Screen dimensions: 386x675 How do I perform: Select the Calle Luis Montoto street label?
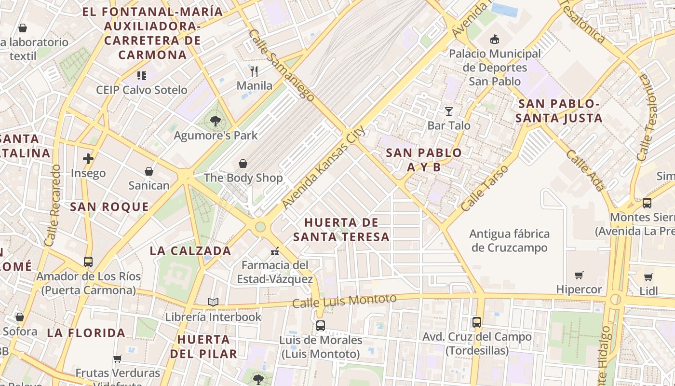(x=344, y=301)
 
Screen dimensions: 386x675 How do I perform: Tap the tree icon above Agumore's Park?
(x=216, y=121)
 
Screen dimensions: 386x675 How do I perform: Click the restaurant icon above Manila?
(x=254, y=71)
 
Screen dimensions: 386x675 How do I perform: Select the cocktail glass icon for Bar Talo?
(x=449, y=111)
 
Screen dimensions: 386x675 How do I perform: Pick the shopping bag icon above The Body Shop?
(x=243, y=164)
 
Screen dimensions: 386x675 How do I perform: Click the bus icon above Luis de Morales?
(x=321, y=326)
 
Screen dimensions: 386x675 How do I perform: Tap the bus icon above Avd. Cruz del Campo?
(x=477, y=322)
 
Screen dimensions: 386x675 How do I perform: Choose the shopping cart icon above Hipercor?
(x=579, y=275)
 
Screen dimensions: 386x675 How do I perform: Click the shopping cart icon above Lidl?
(x=648, y=277)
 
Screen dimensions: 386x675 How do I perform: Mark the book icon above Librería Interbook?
(x=213, y=303)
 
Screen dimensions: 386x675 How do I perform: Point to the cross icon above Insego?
(x=88, y=159)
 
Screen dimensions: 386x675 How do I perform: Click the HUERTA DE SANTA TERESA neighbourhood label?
(x=341, y=230)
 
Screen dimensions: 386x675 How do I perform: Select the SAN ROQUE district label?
(x=109, y=207)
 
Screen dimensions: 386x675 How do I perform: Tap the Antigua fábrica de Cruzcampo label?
(x=510, y=241)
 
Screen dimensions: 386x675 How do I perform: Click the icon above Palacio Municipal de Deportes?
(x=495, y=39)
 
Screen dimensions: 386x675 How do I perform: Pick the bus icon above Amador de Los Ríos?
(x=88, y=262)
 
